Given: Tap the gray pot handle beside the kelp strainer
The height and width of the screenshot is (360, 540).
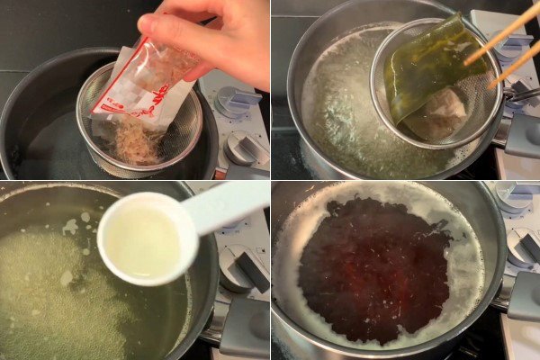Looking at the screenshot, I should (x=522, y=135).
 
